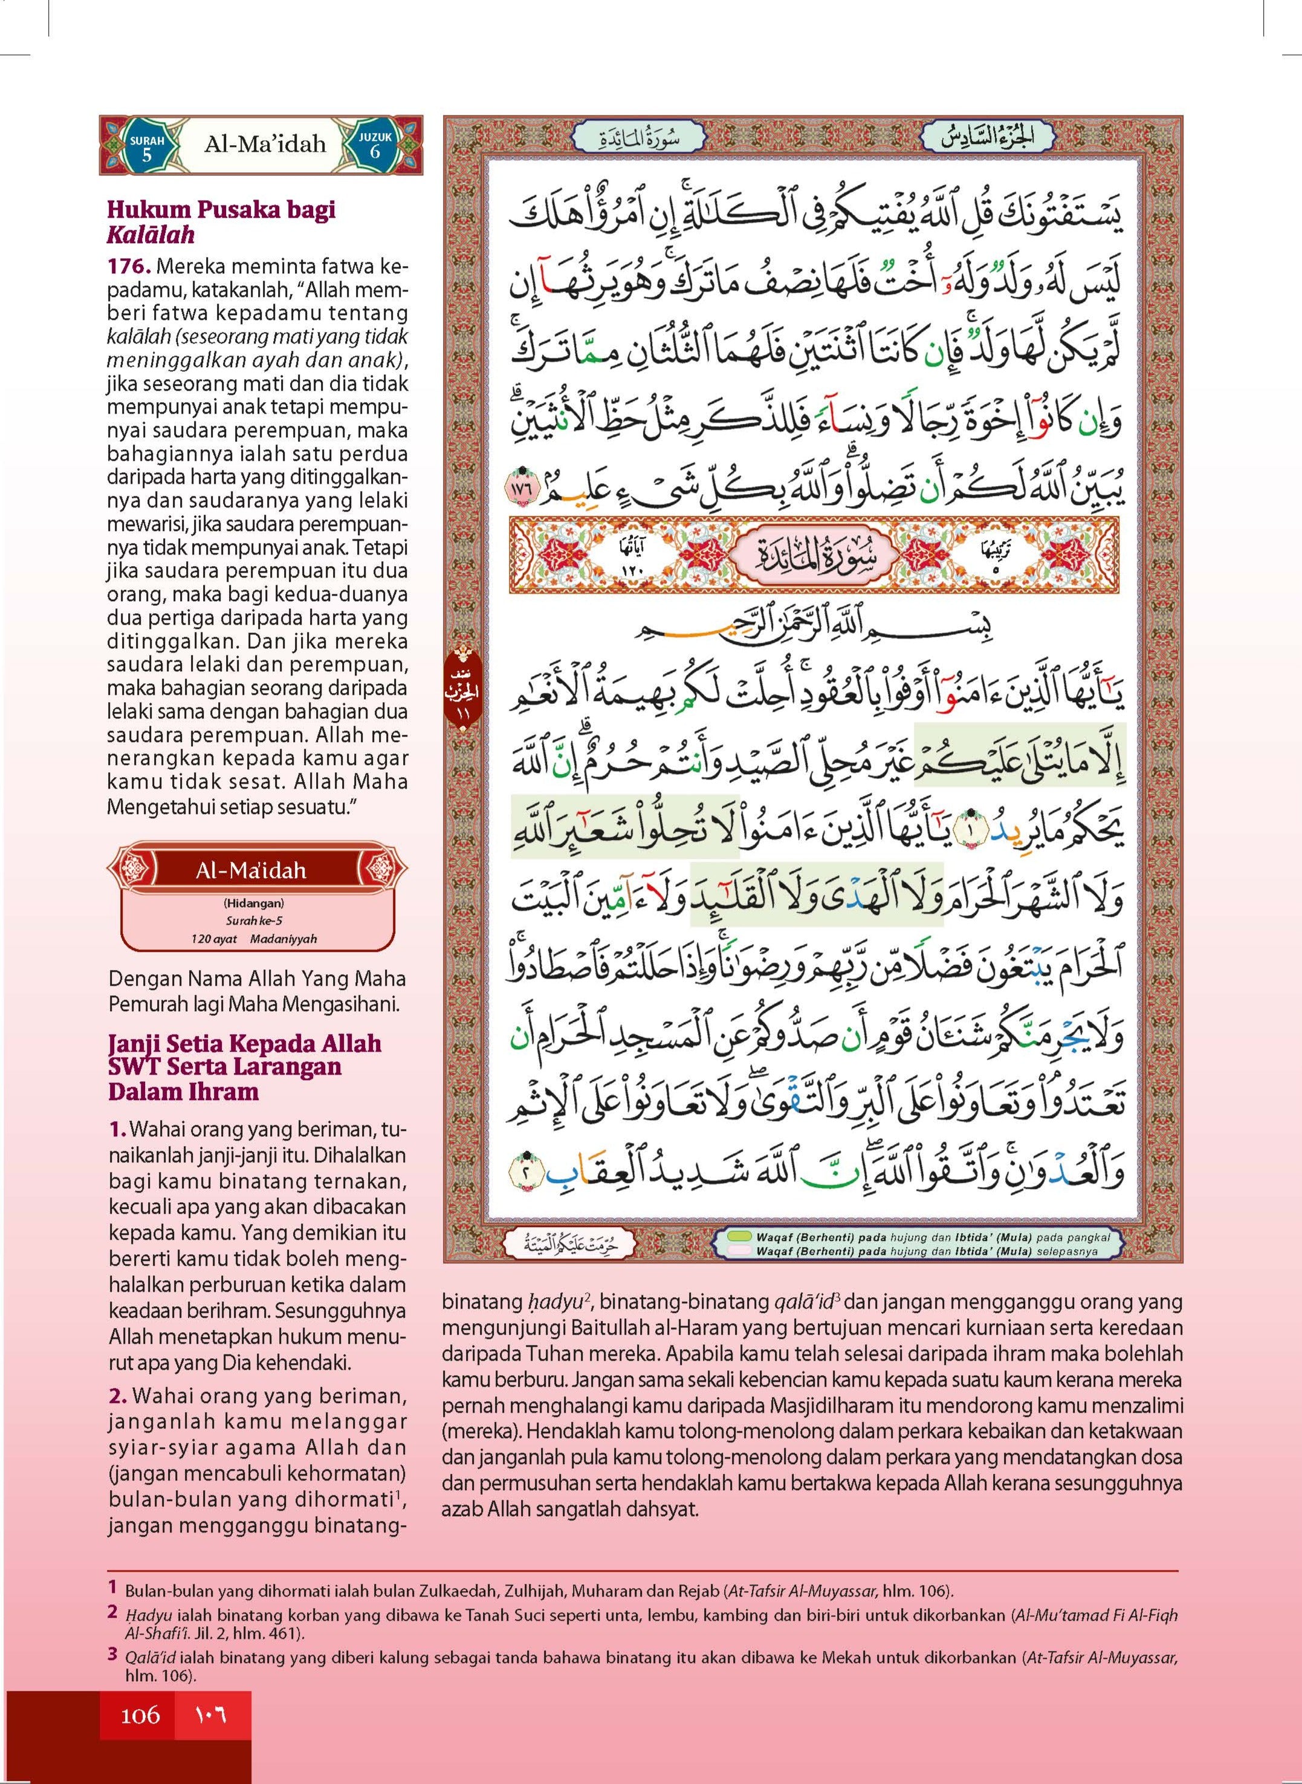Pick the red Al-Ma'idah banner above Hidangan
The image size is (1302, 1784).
251,870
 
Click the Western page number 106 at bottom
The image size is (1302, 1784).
140,1730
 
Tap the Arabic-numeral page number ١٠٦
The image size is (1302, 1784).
210,1730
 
